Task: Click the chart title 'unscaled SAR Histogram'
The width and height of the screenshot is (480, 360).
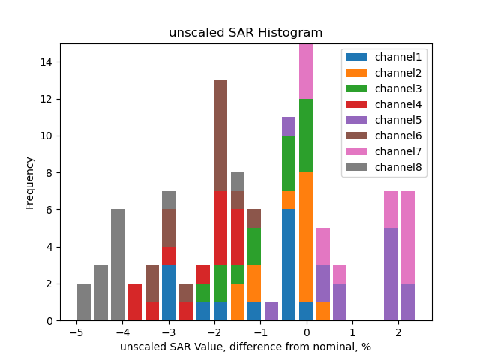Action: pyautogui.click(x=245, y=33)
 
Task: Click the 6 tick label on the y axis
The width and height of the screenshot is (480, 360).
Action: pyautogui.click(x=47, y=210)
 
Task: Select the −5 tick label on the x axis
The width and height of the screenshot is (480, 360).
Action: pyautogui.click(x=76, y=332)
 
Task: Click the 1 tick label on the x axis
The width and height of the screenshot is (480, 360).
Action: pyautogui.click(x=352, y=332)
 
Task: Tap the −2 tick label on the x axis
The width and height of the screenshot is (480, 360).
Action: pyautogui.click(x=214, y=332)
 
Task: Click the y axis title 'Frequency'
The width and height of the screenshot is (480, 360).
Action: pyautogui.click(x=30, y=182)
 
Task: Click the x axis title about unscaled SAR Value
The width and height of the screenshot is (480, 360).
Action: pyautogui.click(x=245, y=346)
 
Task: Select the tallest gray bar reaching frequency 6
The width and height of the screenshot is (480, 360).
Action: pyautogui.click(x=118, y=265)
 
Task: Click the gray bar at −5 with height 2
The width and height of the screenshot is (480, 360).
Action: pyautogui.click(x=84, y=302)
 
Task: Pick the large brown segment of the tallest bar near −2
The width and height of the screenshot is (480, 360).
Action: pyautogui.click(x=220, y=136)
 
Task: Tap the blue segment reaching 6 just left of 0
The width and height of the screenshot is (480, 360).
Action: pyautogui.click(x=289, y=265)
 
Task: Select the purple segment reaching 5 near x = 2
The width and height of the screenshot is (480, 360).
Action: pyautogui.click(x=391, y=274)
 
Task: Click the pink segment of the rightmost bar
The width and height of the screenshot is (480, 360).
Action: pyautogui.click(x=408, y=237)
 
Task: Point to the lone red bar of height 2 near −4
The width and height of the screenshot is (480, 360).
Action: pyautogui.click(x=135, y=302)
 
